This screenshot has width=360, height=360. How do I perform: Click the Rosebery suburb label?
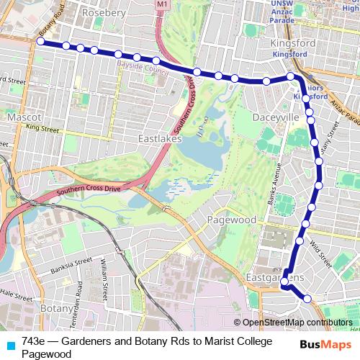click(104, 13)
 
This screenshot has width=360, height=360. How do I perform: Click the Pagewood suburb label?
click(232, 219)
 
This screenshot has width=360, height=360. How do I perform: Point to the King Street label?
click(42, 128)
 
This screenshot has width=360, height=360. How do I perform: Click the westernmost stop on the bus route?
click(40, 42)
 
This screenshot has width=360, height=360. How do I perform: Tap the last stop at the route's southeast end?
click(307, 298)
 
